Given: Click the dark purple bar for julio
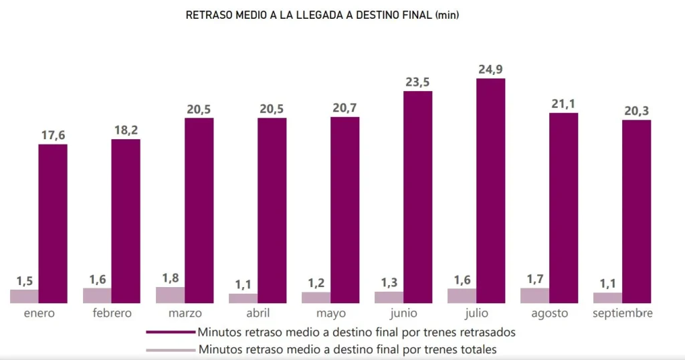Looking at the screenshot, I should (490, 191).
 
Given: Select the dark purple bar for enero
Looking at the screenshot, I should (53, 223).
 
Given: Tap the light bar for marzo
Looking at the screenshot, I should (170, 295).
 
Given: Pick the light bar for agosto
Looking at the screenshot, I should (534, 295).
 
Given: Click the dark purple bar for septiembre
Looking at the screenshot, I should (636, 211).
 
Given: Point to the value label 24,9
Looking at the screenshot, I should (491, 69).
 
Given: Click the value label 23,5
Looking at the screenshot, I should (418, 82).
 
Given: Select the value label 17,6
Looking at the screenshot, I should (53, 135).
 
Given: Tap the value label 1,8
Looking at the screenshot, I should (170, 278).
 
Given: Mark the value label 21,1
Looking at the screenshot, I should (563, 104).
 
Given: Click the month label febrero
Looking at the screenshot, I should (112, 313).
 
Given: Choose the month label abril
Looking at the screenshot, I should (258, 313).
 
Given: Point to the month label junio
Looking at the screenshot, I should (403, 313).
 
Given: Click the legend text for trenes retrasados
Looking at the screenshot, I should (357, 331).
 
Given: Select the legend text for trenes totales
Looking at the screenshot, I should (347, 349).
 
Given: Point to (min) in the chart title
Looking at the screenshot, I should (446, 15).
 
